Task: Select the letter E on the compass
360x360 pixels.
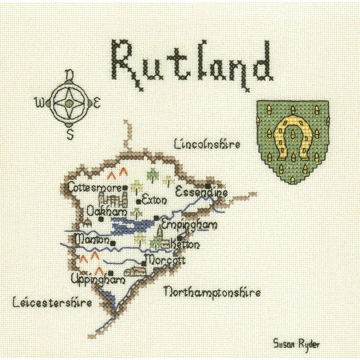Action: coord(98,104)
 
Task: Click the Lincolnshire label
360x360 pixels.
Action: coord(207,144)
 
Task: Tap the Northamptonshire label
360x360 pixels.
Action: coord(212,292)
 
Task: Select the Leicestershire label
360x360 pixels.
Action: coord(52,302)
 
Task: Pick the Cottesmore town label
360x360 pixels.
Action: coord(94,188)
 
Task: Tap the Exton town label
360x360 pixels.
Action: coord(154,201)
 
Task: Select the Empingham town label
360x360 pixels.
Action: coord(189,224)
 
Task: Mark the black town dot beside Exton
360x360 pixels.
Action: coord(139,201)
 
